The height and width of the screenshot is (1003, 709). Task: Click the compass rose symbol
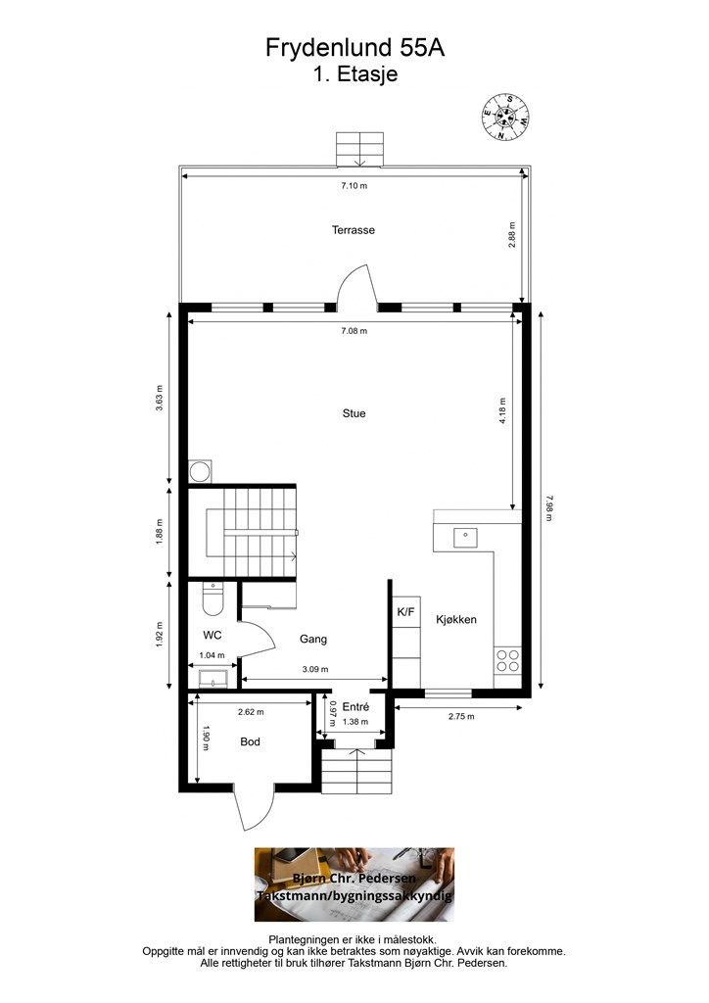coord(505,117)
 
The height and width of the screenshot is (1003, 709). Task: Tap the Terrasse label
coord(353,229)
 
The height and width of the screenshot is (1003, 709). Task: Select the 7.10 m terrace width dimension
coord(354,186)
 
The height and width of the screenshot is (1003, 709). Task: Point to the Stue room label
coord(354,413)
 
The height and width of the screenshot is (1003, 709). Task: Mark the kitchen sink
coord(465,538)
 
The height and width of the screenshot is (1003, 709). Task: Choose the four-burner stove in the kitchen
coord(507,660)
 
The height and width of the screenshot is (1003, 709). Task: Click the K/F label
coord(406,612)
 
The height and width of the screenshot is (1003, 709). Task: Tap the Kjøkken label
coord(455,619)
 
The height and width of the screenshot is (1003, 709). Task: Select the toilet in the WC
coord(212,598)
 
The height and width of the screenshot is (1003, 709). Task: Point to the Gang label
coord(313,639)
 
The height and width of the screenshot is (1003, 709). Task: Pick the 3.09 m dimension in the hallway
coord(315,669)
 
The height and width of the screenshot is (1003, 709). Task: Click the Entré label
coord(355,707)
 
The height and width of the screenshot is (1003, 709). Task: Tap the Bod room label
coord(250,742)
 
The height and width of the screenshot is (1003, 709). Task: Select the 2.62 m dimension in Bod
coord(251,711)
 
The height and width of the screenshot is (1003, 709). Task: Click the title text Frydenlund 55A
coord(354,48)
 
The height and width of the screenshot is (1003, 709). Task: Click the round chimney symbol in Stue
coord(201,471)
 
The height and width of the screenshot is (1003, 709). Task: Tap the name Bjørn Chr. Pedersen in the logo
coord(354,879)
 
